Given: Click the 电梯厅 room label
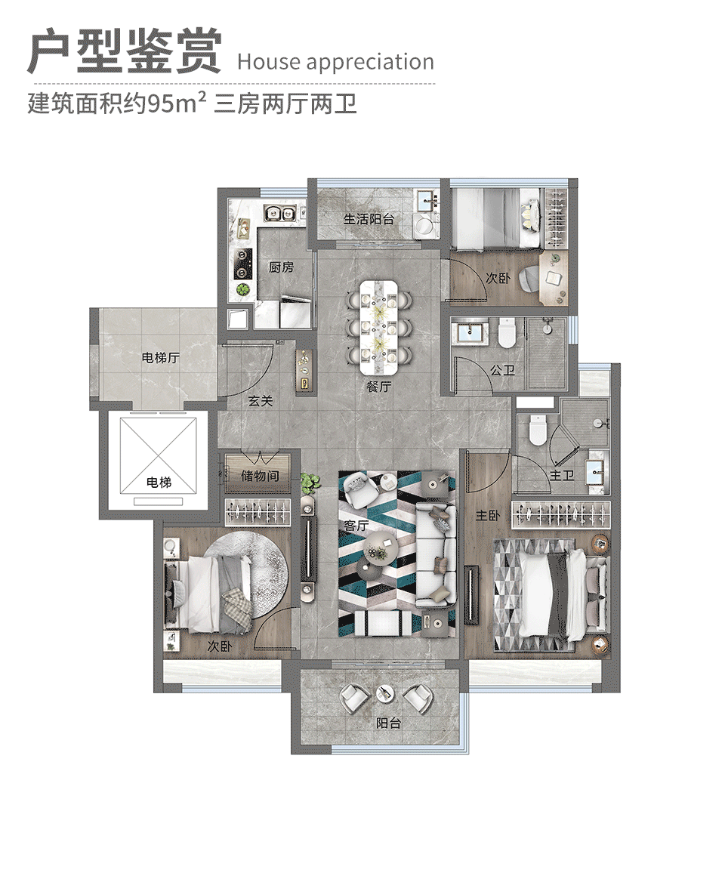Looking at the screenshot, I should (x=161, y=358).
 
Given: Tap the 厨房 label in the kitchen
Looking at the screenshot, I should (x=281, y=267).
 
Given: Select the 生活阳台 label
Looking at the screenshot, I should (x=369, y=219).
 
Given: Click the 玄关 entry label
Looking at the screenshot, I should (x=261, y=401).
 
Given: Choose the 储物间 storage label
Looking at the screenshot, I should (x=260, y=477).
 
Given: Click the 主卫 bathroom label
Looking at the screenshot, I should (x=562, y=475).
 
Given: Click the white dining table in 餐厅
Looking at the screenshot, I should (x=379, y=328).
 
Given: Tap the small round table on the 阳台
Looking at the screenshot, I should (x=385, y=692).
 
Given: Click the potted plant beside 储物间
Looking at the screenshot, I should (x=307, y=481).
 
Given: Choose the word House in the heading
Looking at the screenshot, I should (x=266, y=62).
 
